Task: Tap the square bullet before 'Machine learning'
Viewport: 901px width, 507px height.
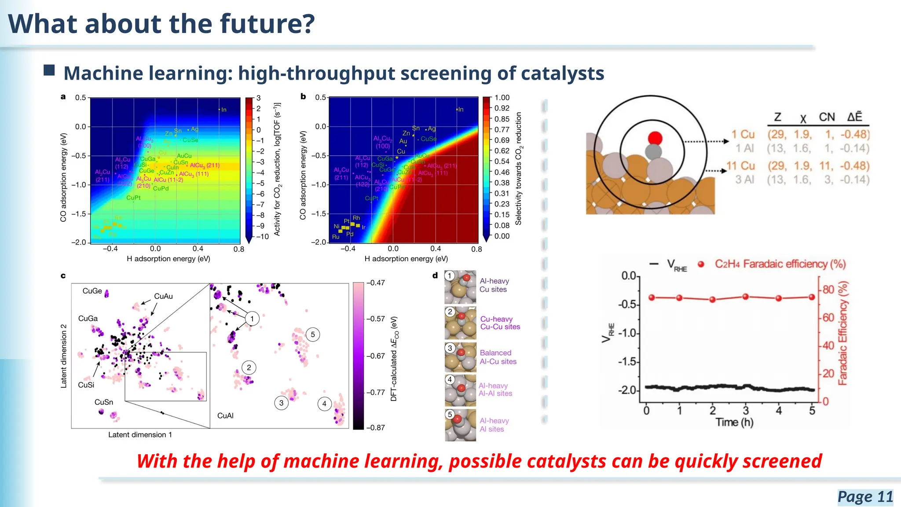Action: coord(49,70)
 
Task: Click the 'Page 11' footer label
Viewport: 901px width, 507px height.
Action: coord(865,496)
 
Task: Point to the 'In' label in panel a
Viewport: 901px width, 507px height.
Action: coord(223,110)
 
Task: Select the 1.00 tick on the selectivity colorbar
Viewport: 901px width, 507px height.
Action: coord(502,98)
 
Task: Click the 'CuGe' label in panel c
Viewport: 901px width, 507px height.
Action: coord(92,291)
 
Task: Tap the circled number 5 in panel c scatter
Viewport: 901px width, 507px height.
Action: coord(313,334)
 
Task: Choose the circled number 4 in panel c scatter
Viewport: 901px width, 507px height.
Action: coord(324,404)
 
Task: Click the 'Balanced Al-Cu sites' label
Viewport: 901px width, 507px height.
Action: coord(498,357)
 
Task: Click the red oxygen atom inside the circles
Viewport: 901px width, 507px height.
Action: coord(655,138)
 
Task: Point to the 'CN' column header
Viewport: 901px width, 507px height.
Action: coord(827,117)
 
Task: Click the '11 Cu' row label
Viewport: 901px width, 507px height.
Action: coord(740,166)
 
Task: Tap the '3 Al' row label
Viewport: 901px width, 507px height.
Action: coord(744,180)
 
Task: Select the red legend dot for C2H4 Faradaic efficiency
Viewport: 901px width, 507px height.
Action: coord(701,264)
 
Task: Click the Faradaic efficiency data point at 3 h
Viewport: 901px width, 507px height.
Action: coord(746,297)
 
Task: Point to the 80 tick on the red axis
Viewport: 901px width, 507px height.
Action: coord(828,290)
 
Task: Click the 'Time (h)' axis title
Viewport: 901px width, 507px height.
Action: coord(734,422)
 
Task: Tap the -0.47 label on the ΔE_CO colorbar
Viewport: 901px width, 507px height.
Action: coord(376,283)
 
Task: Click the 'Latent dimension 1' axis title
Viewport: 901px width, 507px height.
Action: coord(140,435)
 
